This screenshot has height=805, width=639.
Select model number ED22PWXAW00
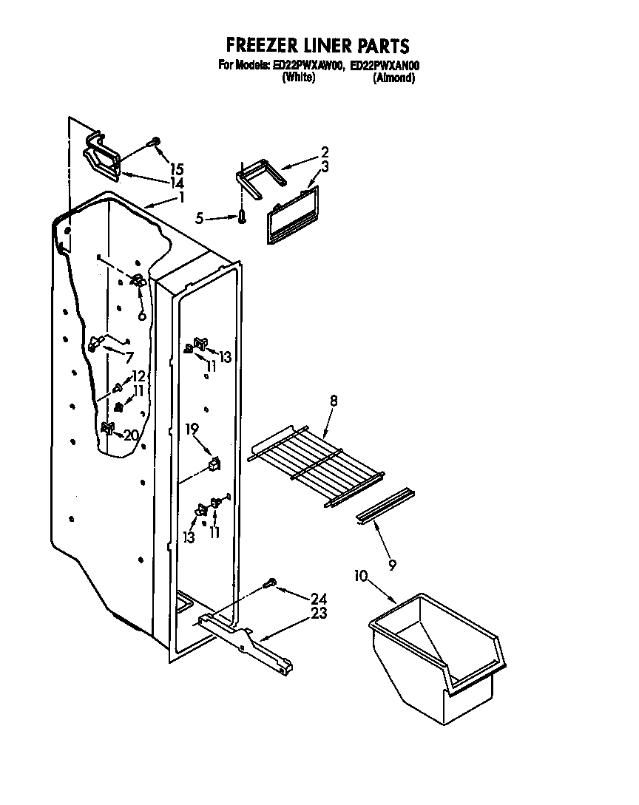tap(308, 66)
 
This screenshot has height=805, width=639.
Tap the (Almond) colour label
tap(393, 78)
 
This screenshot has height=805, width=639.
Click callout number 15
tap(176, 169)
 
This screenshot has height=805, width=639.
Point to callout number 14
tap(176, 183)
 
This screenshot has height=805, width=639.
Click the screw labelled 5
tap(243, 217)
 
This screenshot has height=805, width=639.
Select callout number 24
tap(318, 598)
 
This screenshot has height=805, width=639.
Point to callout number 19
tap(192, 429)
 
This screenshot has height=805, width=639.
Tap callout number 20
tap(131, 435)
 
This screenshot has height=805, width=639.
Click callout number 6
tap(142, 316)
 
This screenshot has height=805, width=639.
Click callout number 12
tap(138, 376)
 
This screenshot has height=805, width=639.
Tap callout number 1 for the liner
tap(182, 197)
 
